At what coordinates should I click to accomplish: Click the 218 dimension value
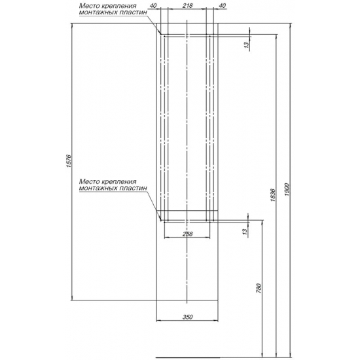(187, 6)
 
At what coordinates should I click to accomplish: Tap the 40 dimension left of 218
(153, 6)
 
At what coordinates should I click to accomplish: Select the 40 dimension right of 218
(223, 6)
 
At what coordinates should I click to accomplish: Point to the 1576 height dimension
(69, 161)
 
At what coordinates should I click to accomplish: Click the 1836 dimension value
(273, 195)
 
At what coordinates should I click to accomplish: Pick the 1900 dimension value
(287, 190)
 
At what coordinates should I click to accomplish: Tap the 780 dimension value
(259, 289)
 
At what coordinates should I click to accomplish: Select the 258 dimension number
(188, 234)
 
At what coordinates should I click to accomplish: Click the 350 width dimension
(188, 317)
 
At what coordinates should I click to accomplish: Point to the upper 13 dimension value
(247, 45)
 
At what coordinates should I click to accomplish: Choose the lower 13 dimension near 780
(245, 231)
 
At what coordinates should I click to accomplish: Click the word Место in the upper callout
(88, 6)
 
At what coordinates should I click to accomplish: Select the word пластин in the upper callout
(134, 12)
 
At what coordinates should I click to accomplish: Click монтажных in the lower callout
(98, 189)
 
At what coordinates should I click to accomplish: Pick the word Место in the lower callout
(88, 181)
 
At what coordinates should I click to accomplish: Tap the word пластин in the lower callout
(134, 189)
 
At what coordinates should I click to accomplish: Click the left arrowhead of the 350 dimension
(158, 321)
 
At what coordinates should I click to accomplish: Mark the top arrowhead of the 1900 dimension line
(291, 25)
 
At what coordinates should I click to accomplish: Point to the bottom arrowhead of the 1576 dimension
(73, 298)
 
